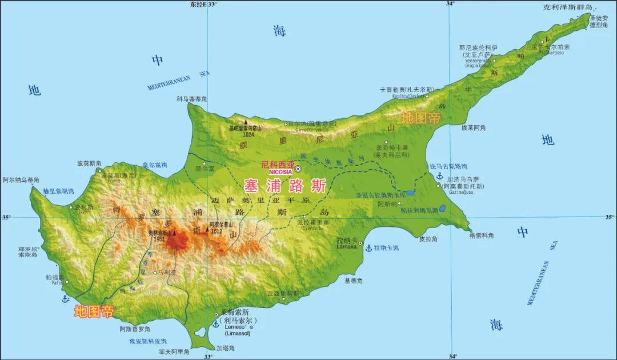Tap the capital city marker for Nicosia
click(x=298, y=169)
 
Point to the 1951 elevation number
click(x=158, y=239)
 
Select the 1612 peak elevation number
click(x=215, y=231)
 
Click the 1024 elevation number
click(x=248, y=135)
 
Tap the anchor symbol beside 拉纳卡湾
click(x=368, y=248)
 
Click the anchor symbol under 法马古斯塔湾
click(x=439, y=175)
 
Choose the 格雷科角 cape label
click(x=482, y=235)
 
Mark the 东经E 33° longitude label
click(x=204, y=4)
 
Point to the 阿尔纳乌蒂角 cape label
click(x=21, y=179)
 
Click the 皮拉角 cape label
click(x=428, y=238)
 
